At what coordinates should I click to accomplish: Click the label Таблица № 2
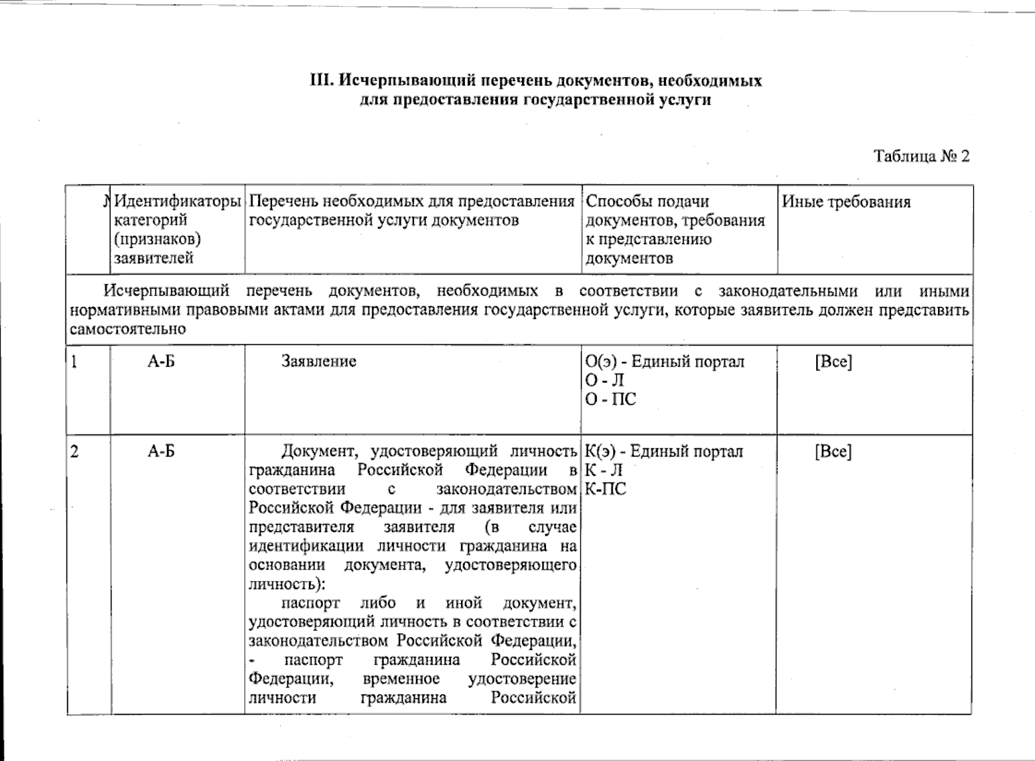[x=921, y=156]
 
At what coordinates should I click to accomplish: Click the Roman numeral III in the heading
[x=318, y=81]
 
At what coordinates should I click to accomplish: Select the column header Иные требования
[x=846, y=202]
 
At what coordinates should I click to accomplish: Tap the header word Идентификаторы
[x=178, y=202]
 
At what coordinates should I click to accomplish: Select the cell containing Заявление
[x=318, y=361]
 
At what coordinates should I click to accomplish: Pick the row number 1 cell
[x=75, y=362]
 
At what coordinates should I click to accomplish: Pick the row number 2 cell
[x=75, y=452]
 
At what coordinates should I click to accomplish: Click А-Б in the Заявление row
[x=161, y=361]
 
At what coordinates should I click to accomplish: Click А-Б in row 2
[x=161, y=452]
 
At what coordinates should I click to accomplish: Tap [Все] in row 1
[x=833, y=362]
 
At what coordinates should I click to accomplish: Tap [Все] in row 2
[x=833, y=452]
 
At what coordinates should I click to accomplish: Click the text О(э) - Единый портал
[x=664, y=362]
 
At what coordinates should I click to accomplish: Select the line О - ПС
[x=610, y=400]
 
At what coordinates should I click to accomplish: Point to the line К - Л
[x=603, y=471]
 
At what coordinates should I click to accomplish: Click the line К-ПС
[x=605, y=489]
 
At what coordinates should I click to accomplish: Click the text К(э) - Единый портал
[x=663, y=452]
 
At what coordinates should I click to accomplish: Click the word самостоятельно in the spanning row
[x=127, y=330]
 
